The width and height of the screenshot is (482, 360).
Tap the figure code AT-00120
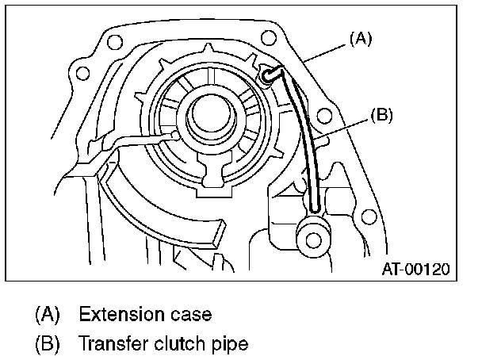pos(415,269)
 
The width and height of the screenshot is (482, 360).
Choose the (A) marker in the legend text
pos(47,314)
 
